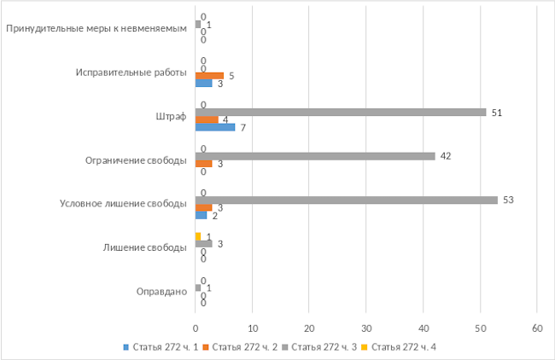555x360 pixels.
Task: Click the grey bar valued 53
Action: pyautogui.click(x=346, y=200)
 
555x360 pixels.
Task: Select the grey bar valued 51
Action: pyautogui.click(x=341, y=112)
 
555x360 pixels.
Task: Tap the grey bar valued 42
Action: pyautogui.click(x=315, y=156)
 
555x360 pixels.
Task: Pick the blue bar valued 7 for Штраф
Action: pyautogui.click(x=215, y=127)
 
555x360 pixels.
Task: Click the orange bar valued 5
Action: pyautogui.click(x=209, y=76)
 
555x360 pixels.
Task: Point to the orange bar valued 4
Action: pyautogui.click(x=207, y=119)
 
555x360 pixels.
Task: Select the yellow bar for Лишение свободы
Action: pyautogui.click(x=198, y=236)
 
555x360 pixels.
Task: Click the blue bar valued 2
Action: pyautogui.click(x=201, y=215)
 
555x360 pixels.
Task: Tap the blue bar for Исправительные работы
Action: pyautogui.click(x=203, y=83)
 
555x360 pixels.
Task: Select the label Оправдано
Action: pyautogui.click(x=161, y=292)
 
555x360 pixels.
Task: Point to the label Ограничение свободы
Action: pyautogui.click(x=137, y=160)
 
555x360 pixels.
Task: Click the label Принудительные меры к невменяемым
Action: pyautogui.click(x=96, y=28)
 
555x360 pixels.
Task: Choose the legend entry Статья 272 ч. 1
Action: pyautogui.click(x=162, y=346)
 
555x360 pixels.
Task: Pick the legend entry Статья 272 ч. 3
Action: pyautogui.click(x=323, y=346)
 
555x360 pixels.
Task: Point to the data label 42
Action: pyautogui.click(x=446, y=156)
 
